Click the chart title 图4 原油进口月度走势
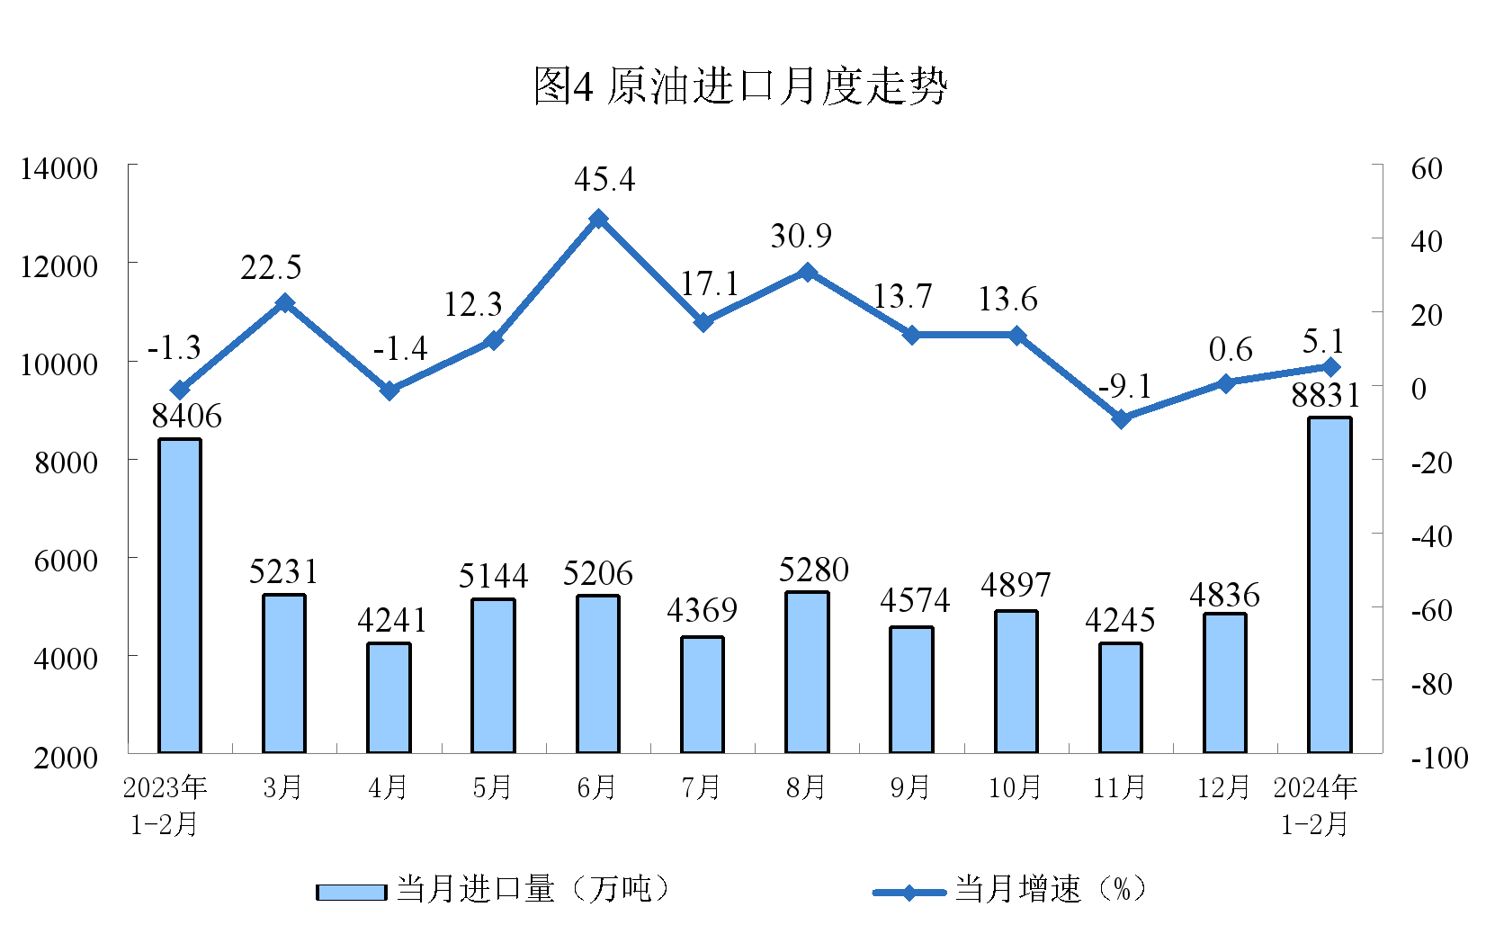click(x=740, y=86)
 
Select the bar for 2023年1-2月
click(x=180, y=596)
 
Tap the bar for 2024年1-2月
click(x=1329, y=585)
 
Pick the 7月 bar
click(x=703, y=695)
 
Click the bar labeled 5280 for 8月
click(x=807, y=672)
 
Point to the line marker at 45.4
click(x=598, y=219)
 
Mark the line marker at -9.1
click(x=1121, y=419)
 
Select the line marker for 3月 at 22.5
click(x=284, y=303)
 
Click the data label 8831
click(x=1326, y=396)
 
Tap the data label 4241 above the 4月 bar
click(x=392, y=621)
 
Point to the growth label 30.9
click(x=801, y=236)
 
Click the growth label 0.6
click(x=1231, y=349)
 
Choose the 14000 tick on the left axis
click(x=59, y=168)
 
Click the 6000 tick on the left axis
click(x=65, y=561)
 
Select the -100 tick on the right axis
click(x=1439, y=758)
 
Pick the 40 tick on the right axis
click(x=1427, y=241)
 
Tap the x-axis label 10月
click(x=1015, y=788)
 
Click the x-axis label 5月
click(x=492, y=788)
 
